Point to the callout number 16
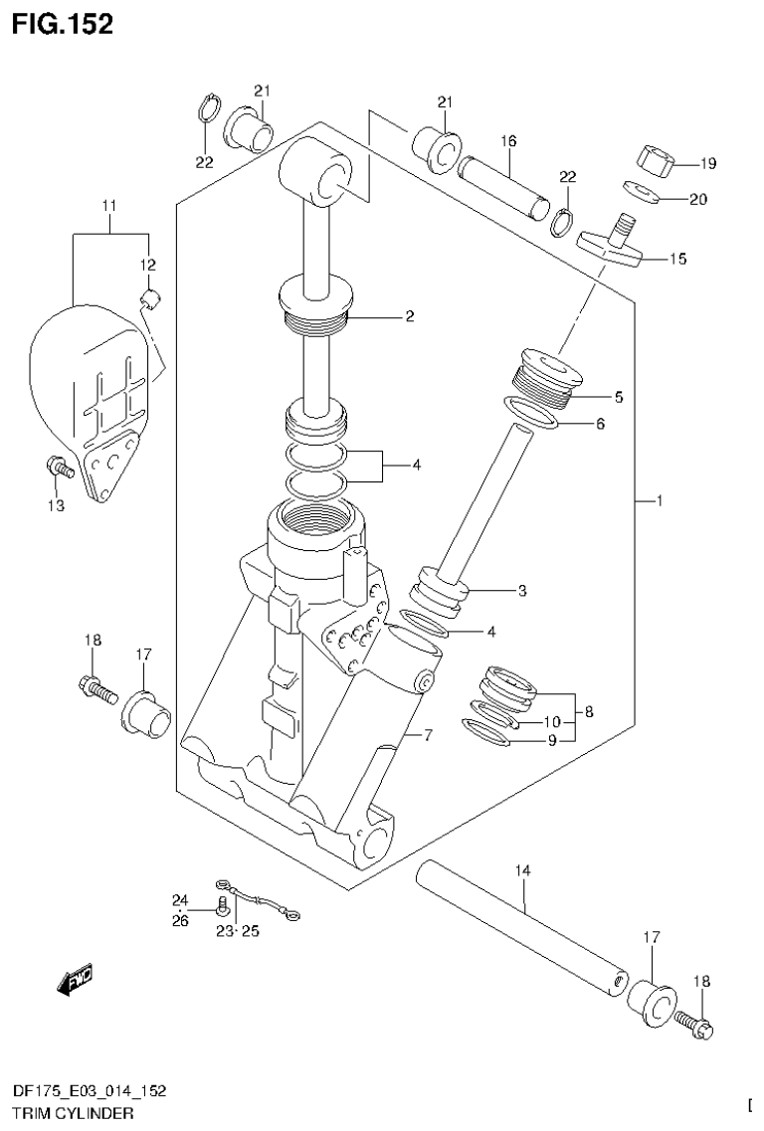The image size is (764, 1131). (x=508, y=142)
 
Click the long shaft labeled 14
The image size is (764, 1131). (x=525, y=926)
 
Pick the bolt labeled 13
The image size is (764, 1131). (x=58, y=468)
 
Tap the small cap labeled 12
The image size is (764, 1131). (x=153, y=295)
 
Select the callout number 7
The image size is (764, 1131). (x=429, y=736)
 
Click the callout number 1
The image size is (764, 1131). (x=659, y=501)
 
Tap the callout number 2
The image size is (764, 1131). (x=408, y=317)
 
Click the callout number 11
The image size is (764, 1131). (x=109, y=206)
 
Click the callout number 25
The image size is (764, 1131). (x=250, y=931)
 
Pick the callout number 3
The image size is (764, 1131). (x=521, y=591)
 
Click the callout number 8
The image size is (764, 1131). (x=589, y=711)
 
